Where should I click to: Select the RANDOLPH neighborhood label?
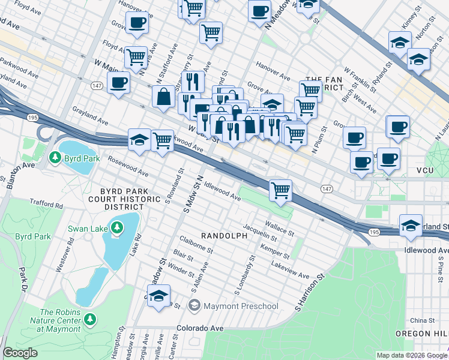tap(224, 236)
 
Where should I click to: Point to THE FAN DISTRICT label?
tap(324, 83)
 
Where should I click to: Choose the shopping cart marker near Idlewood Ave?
tap(280, 191)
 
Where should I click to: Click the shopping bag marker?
tap(164, 97)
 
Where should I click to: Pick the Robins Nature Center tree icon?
tap(89, 319)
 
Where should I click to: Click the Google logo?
tap(20, 353)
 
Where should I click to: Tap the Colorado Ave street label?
tap(200, 328)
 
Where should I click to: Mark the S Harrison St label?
tap(309, 293)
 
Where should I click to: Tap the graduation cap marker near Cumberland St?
tap(411, 226)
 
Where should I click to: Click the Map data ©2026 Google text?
tap(411, 355)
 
